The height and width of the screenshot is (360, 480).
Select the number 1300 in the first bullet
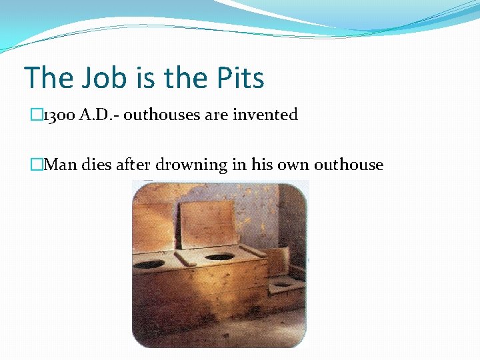point(59,115)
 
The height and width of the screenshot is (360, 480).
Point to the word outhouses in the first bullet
point(161,115)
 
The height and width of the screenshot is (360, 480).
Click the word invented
point(265,115)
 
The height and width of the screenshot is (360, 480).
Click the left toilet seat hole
point(151,265)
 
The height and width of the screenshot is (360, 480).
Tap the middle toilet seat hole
point(219,257)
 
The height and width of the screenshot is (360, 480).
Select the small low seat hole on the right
point(283,284)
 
